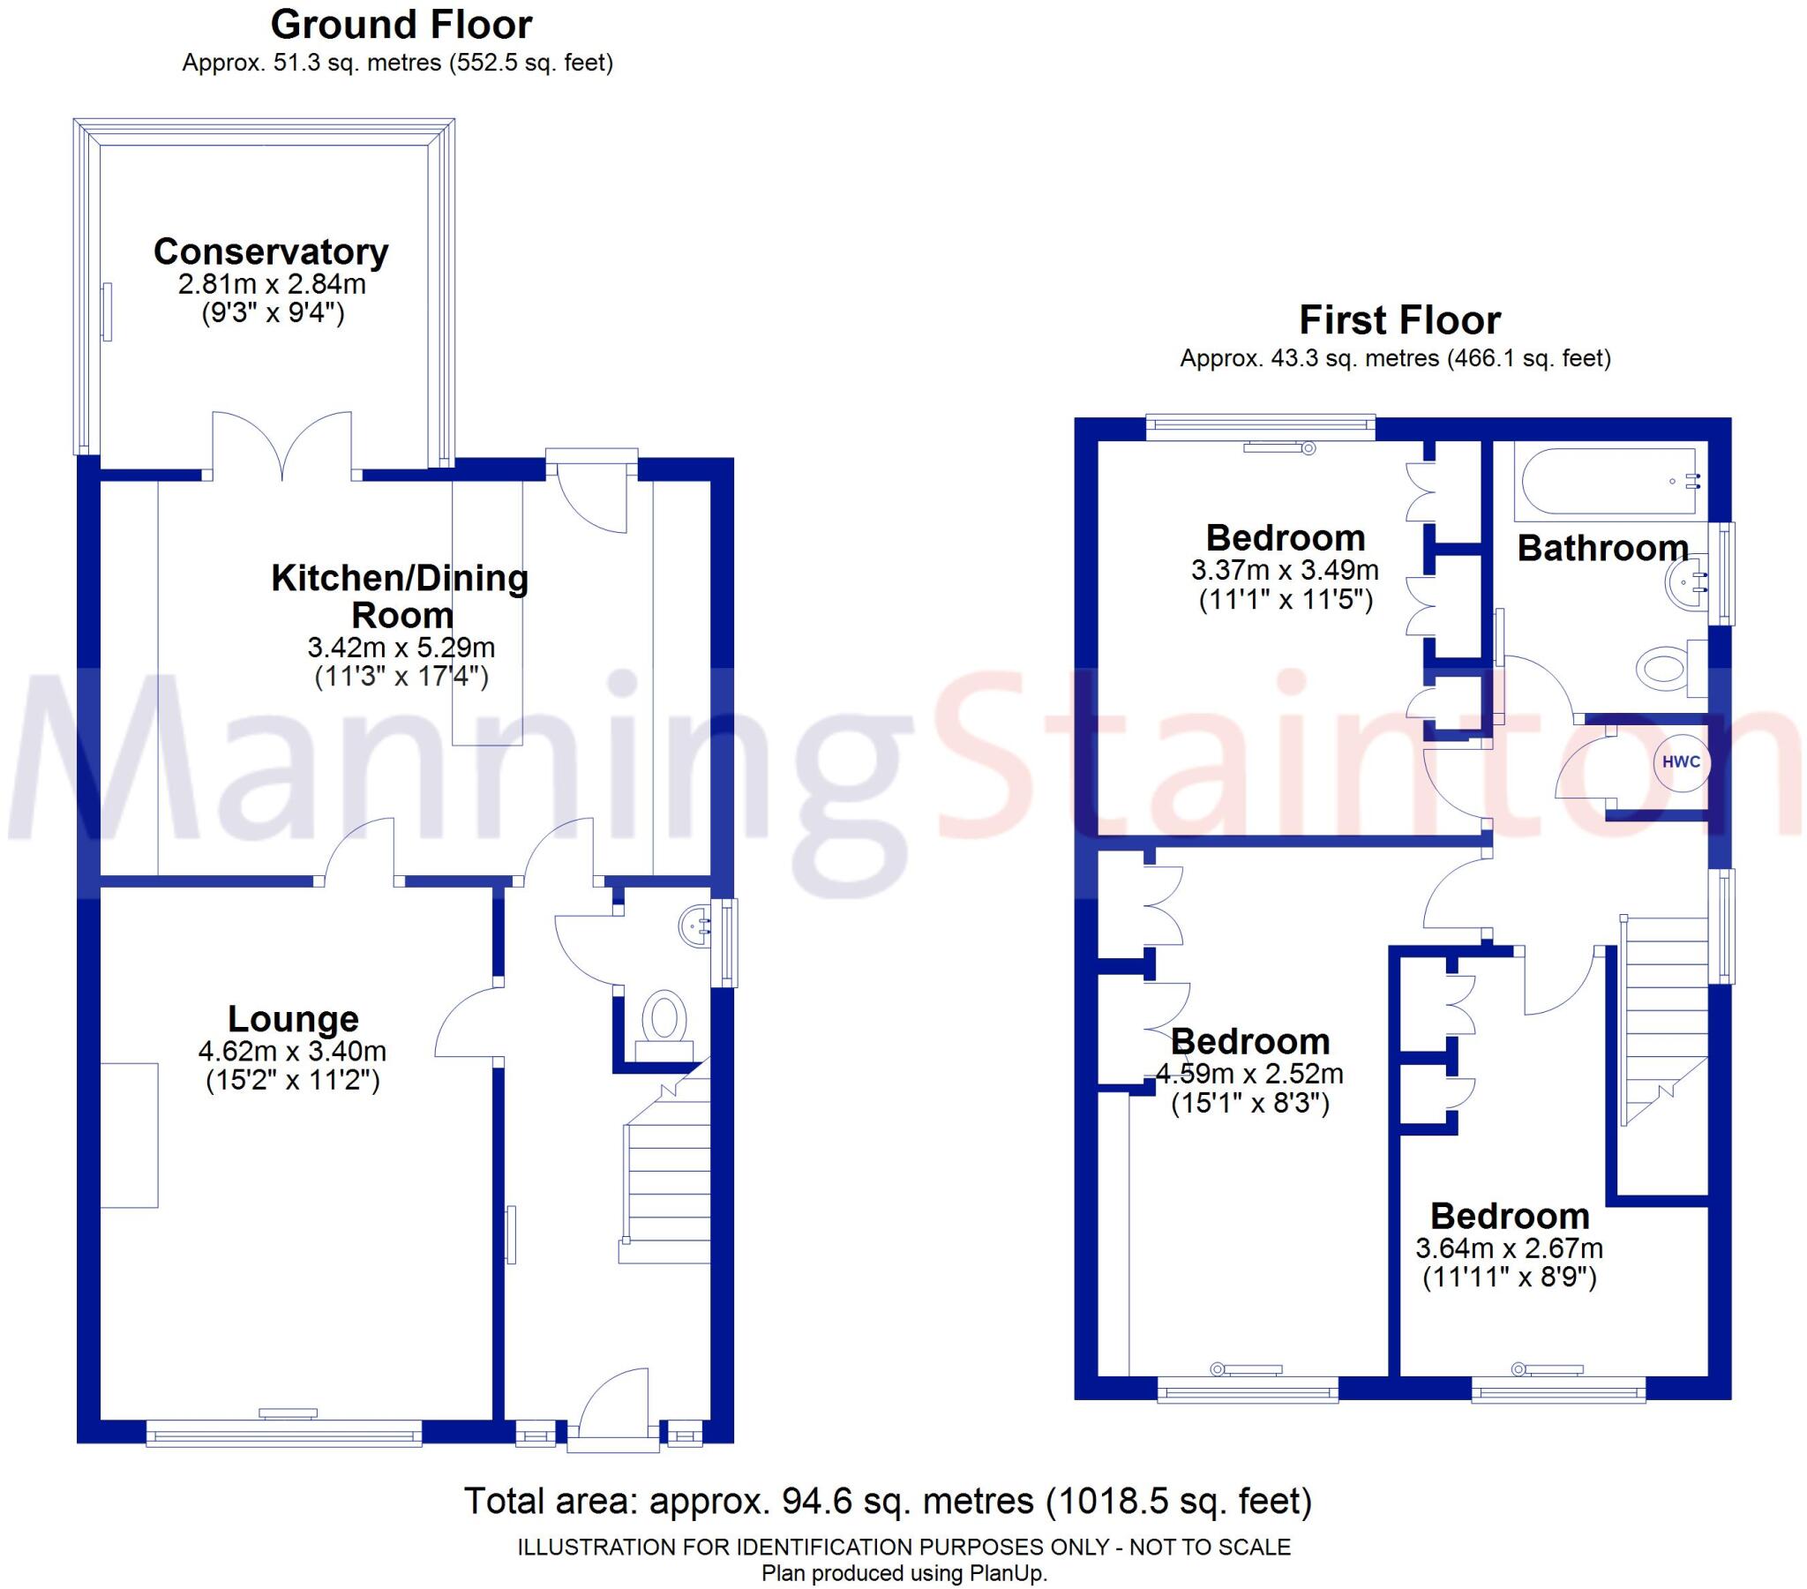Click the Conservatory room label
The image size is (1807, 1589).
[x=271, y=252]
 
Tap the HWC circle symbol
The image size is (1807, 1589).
[x=1681, y=762]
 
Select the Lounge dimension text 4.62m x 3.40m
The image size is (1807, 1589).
[x=293, y=1052]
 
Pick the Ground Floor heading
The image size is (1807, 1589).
[x=401, y=25]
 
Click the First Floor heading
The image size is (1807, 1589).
[x=1399, y=320]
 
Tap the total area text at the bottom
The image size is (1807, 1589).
[x=888, y=1502]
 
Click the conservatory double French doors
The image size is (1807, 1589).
[x=282, y=446]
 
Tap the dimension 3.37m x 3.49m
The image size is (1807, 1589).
[x=1285, y=570]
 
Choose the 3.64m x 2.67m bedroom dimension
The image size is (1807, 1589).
[x=1508, y=1248]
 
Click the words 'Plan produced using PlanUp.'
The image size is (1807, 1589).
[x=903, y=1573]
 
